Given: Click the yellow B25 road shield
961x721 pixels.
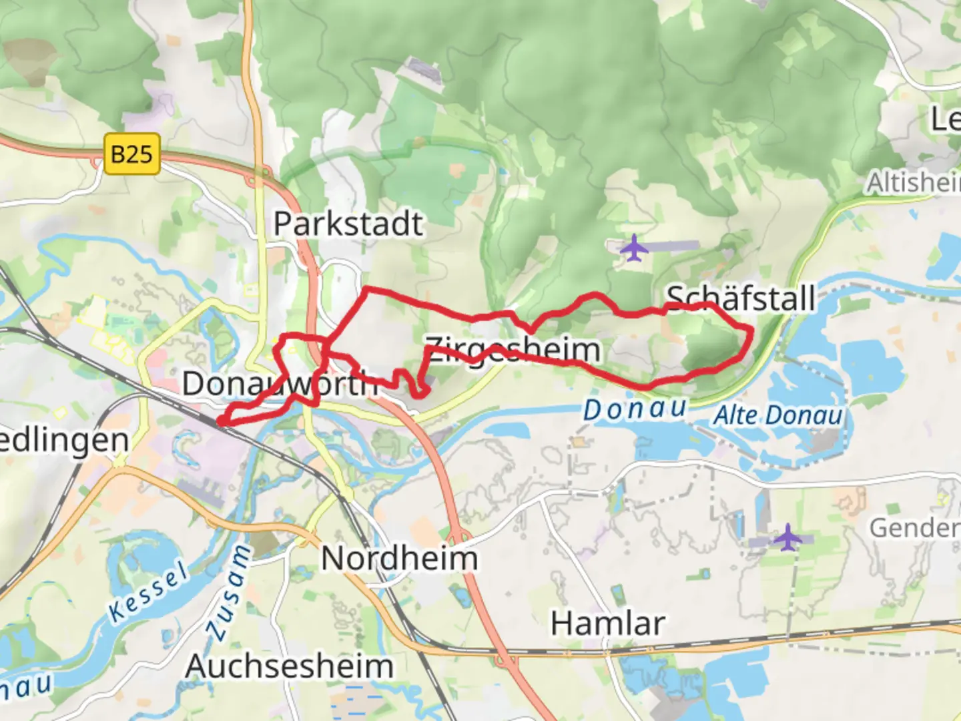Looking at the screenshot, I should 132,154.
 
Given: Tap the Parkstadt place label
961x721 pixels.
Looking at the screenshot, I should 348,224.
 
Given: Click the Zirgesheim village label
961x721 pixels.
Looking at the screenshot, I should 513,350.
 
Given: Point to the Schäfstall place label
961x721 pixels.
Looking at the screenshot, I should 741,298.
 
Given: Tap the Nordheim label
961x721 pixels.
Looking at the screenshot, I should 399,558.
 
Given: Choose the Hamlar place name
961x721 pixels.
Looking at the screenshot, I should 607,624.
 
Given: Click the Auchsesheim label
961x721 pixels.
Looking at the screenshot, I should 289,666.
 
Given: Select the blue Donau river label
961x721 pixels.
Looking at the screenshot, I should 635,409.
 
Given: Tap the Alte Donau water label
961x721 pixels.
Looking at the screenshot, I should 778,415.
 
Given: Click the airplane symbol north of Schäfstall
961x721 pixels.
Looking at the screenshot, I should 633,248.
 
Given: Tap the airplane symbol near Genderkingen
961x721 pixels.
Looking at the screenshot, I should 788,537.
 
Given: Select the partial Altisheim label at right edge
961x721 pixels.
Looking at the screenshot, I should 913,182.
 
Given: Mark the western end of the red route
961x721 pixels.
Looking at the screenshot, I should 219,421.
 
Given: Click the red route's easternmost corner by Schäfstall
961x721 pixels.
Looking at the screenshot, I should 752,329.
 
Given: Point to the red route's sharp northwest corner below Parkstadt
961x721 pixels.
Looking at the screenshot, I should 365,289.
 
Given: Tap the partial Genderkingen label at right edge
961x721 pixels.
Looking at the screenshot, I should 914,528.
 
